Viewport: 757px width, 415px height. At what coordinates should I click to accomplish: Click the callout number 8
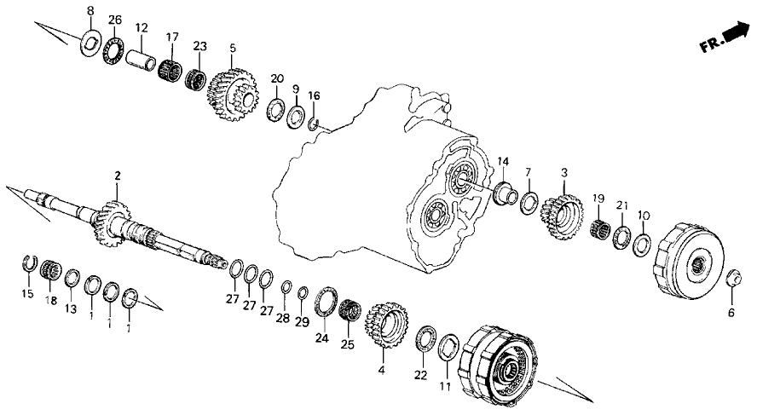91,9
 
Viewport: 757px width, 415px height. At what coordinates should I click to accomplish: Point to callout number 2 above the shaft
118,175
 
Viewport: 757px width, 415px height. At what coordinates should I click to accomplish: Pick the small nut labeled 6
734,278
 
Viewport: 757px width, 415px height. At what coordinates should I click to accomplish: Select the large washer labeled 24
325,302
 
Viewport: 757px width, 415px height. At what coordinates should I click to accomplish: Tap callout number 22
419,375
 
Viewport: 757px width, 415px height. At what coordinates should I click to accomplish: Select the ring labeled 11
448,349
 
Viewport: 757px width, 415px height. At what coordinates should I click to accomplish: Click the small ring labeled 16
314,125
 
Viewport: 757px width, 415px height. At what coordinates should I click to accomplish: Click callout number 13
71,308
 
